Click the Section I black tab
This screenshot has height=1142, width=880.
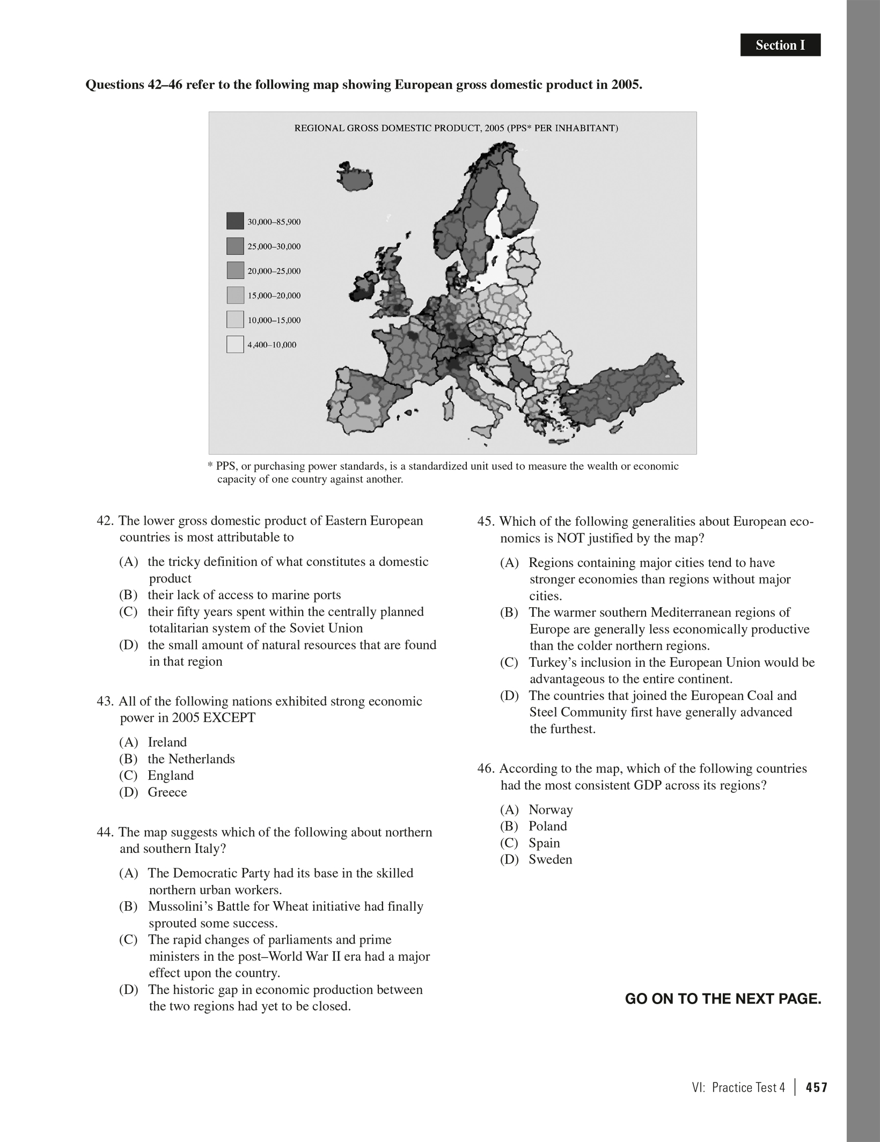point(780,45)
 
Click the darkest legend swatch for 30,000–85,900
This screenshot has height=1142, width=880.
point(235,222)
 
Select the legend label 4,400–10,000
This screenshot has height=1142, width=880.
point(272,345)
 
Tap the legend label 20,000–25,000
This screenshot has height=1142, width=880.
point(274,271)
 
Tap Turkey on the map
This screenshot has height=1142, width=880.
point(617,392)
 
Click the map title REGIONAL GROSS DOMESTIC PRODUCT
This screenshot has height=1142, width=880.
point(456,128)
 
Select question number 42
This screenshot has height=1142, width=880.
point(106,521)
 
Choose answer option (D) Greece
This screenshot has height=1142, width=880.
point(167,792)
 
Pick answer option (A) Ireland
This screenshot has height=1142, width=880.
point(167,742)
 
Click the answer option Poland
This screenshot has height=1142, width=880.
point(547,826)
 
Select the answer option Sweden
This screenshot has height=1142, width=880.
point(550,859)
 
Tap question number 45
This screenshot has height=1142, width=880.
point(487,521)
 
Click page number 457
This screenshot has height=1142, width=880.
point(816,1087)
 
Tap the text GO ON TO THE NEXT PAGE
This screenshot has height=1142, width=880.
point(723,999)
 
